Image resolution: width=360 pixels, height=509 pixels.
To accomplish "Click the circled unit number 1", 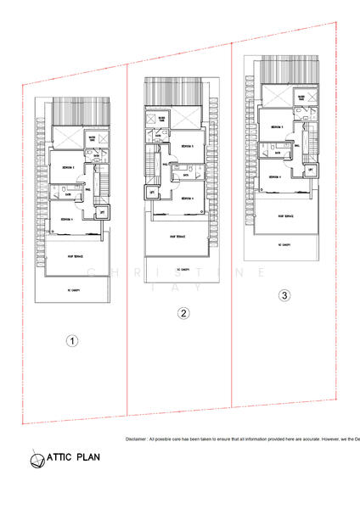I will pos(73,341).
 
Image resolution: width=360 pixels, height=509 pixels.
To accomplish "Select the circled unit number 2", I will pos(183,313).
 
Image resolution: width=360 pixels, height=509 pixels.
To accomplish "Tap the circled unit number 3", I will pos(284,295).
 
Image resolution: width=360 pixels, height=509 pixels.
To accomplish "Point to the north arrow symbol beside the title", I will pos(37,459).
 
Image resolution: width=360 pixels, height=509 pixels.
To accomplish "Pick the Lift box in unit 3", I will pos(311,171).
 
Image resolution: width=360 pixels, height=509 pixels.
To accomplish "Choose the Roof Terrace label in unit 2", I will pos(178,237).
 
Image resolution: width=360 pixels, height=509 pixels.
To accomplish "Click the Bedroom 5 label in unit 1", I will pos(69,167).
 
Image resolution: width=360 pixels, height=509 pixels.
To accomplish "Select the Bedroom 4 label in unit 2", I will pos(187,199).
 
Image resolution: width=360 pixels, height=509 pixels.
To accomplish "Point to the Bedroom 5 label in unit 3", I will pos(276,127).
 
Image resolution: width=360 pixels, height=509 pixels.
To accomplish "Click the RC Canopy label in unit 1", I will pos(71,288).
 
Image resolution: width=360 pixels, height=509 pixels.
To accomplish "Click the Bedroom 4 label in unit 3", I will pos(273,177).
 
